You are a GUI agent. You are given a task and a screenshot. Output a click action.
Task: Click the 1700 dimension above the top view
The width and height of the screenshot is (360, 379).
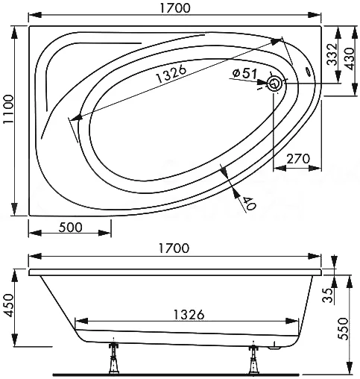(x=174, y=9)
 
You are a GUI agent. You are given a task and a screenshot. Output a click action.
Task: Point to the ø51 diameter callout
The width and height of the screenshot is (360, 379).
(x=245, y=73)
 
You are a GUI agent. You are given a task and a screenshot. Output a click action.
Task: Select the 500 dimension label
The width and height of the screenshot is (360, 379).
(x=68, y=227)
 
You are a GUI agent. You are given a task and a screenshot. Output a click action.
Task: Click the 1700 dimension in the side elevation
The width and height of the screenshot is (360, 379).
(x=174, y=247)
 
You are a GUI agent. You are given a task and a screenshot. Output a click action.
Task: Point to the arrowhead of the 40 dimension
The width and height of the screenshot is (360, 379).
(x=226, y=174)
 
